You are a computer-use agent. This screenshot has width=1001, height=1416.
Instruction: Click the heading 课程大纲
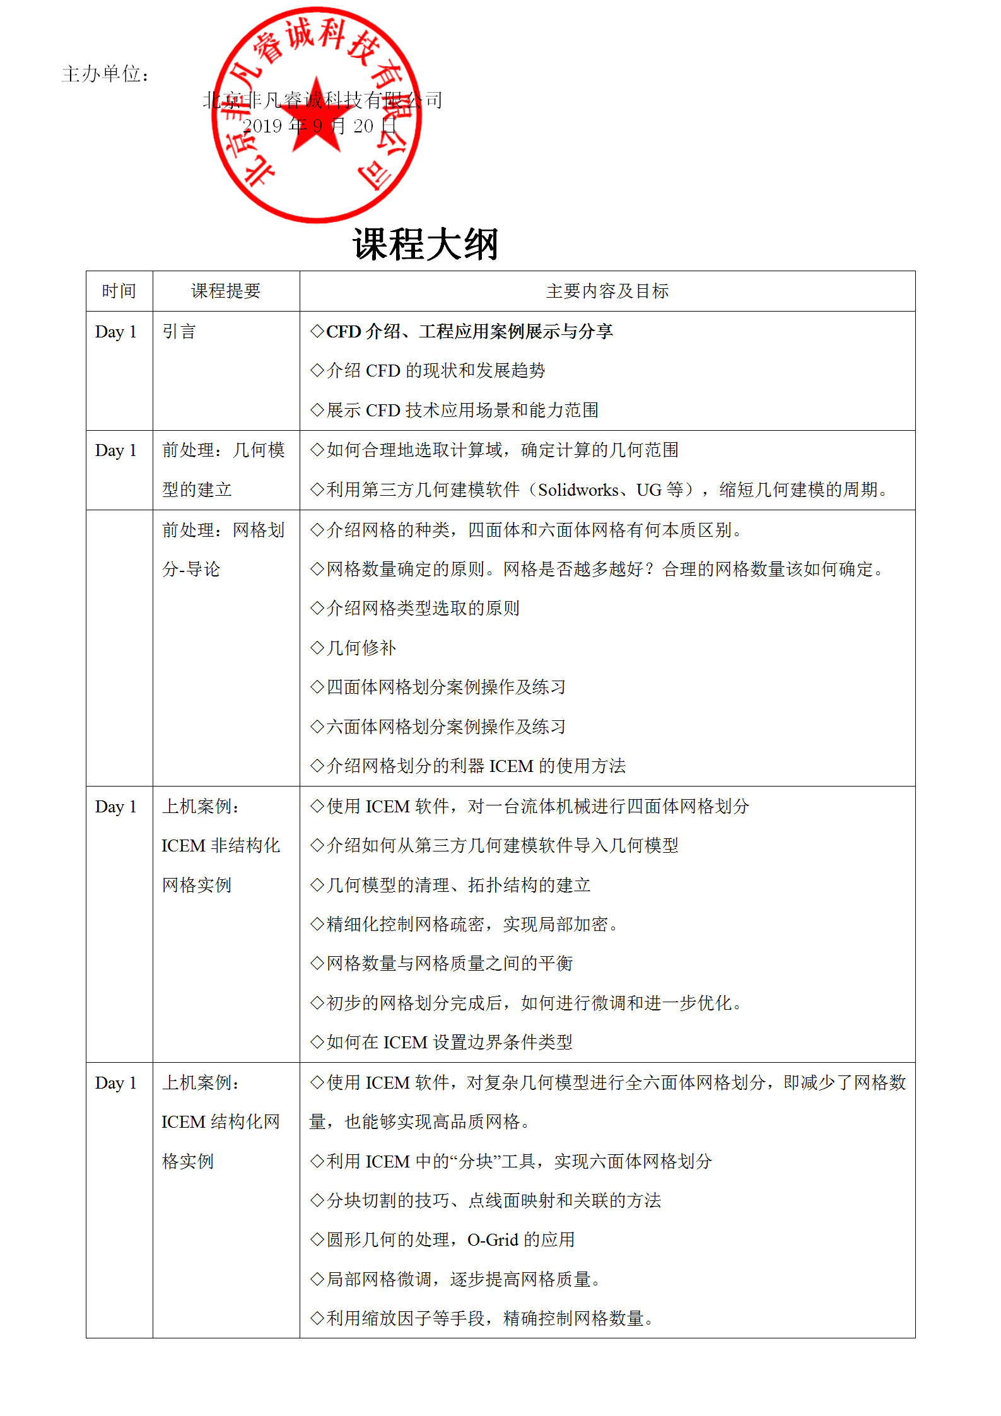point(426,244)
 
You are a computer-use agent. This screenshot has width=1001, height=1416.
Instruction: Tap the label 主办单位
point(105,74)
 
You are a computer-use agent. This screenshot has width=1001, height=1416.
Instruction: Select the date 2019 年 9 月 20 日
point(319,126)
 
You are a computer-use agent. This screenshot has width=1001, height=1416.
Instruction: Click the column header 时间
point(119,291)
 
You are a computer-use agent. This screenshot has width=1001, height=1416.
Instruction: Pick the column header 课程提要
point(226,291)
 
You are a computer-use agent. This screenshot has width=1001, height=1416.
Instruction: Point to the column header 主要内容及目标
point(607,291)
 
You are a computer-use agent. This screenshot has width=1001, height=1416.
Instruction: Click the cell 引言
point(179,332)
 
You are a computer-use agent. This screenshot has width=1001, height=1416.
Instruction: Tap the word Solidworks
point(578,489)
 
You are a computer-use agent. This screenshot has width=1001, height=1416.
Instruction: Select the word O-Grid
point(493,1239)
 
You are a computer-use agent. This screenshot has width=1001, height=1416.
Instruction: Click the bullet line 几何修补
point(361,648)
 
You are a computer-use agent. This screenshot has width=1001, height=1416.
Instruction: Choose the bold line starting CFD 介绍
point(469,332)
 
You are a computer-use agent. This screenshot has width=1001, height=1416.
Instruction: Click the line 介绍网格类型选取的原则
point(423,608)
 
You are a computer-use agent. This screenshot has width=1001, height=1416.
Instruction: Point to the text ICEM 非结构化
point(220,845)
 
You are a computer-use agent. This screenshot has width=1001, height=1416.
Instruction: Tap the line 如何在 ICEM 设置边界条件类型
point(448,1042)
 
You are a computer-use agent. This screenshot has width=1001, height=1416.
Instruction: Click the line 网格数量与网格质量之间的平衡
point(448,963)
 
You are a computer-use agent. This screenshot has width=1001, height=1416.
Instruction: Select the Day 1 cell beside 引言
point(116,332)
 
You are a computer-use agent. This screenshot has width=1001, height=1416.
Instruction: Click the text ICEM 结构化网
point(220,1121)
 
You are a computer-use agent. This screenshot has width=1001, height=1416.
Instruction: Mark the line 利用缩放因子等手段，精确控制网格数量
point(489,1318)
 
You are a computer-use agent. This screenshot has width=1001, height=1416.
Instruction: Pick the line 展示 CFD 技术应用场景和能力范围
point(462,410)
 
